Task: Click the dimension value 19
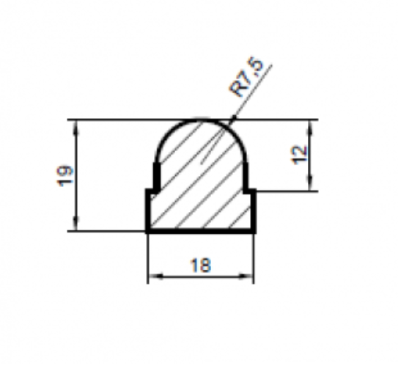[65, 176]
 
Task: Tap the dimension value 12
[300, 155]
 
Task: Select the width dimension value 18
[201, 265]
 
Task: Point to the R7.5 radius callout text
[246, 77]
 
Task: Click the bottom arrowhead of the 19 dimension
[76, 224]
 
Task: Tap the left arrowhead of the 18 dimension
[156, 276]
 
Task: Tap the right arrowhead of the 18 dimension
[246, 276]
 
